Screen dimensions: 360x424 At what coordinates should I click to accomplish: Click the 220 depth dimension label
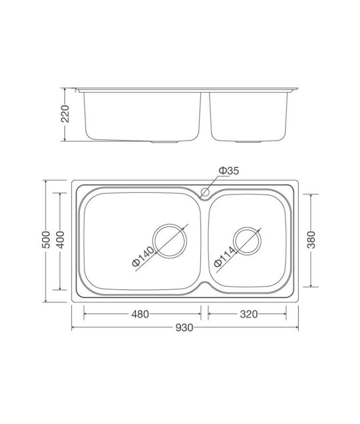65,113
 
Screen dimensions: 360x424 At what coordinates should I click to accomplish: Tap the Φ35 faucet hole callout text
229,171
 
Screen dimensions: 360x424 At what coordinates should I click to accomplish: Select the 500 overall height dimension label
46,240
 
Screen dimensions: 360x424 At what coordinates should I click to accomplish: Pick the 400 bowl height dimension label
60,240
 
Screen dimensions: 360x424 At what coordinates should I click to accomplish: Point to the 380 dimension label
311,240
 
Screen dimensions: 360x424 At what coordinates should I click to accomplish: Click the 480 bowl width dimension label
140,314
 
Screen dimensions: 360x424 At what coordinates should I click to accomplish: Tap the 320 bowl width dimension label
249,314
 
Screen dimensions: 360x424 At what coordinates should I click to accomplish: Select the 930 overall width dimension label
184,328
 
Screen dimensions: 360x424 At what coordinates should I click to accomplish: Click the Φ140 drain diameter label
143,256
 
